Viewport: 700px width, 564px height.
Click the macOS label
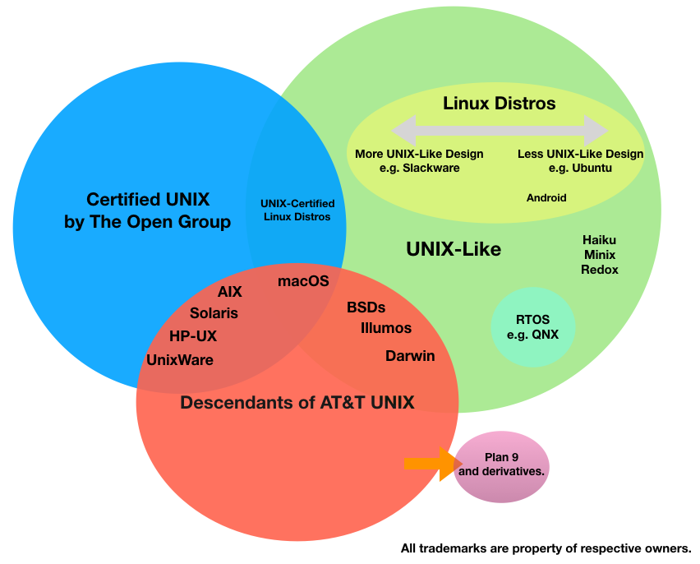coord(303,281)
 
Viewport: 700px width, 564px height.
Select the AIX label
coord(229,292)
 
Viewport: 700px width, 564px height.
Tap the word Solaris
coord(214,313)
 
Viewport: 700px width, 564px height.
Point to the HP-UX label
coord(193,335)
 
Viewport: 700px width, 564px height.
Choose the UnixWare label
coord(180,359)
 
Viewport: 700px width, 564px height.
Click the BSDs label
coord(366,307)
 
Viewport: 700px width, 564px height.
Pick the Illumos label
coord(386,328)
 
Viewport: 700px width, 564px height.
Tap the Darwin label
coord(410,356)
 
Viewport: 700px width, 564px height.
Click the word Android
coord(546,198)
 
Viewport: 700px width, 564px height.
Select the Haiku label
coord(599,240)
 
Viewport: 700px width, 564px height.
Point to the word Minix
coord(599,255)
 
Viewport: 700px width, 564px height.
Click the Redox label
coord(599,270)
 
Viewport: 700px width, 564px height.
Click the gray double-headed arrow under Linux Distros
coord(500,130)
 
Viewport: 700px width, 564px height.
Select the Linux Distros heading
coord(500,104)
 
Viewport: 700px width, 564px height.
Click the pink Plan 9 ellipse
coord(501,466)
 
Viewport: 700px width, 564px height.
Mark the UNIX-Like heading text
coord(454,248)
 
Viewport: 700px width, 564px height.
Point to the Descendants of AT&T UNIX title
coord(297,402)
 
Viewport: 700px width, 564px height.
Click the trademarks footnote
coord(546,548)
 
